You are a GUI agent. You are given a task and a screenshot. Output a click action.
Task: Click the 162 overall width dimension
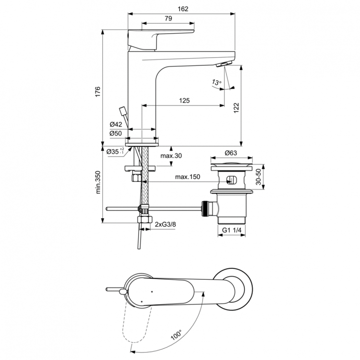tap(183, 9)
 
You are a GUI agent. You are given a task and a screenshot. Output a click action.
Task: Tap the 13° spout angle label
tap(216, 83)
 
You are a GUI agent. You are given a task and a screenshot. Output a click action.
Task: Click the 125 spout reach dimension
tap(184, 100)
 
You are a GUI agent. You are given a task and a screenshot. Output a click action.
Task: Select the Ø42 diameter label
tap(115, 125)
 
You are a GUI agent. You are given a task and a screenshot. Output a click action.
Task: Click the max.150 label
tap(187, 177)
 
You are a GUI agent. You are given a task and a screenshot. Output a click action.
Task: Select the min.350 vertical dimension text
tap(97, 183)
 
